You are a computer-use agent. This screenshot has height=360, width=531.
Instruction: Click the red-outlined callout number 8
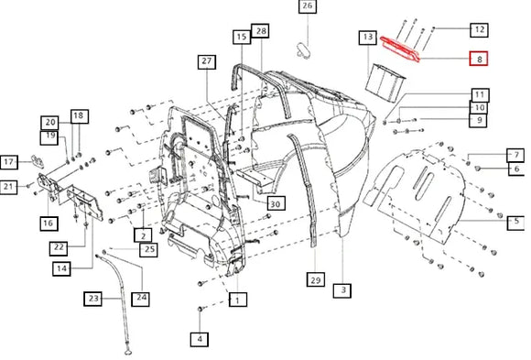pyautogui.click(x=479, y=60)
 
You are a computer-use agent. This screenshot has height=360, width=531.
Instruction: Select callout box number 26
pyautogui.click(x=307, y=8)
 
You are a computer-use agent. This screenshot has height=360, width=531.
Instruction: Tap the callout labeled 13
pyautogui.click(x=367, y=38)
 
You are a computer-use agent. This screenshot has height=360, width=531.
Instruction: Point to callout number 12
pyautogui.click(x=479, y=29)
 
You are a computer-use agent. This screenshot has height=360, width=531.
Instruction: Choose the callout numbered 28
pyautogui.click(x=261, y=32)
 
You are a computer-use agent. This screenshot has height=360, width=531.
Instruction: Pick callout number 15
pyautogui.click(x=241, y=38)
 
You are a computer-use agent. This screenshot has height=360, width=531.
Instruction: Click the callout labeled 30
pyautogui.click(x=275, y=203)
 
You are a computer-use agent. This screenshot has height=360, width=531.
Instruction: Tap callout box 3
pyautogui.click(x=343, y=290)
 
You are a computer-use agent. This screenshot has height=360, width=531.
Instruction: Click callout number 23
pyautogui.click(x=92, y=298)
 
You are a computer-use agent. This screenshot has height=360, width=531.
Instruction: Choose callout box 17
pyautogui.click(x=9, y=162)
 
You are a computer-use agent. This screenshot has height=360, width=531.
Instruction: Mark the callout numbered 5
pyautogui.click(x=516, y=221)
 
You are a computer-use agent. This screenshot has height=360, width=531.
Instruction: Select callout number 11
pyautogui.click(x=479, y=94)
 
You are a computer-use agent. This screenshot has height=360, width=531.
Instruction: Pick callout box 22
pyautogui.click(x=58, y=248)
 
